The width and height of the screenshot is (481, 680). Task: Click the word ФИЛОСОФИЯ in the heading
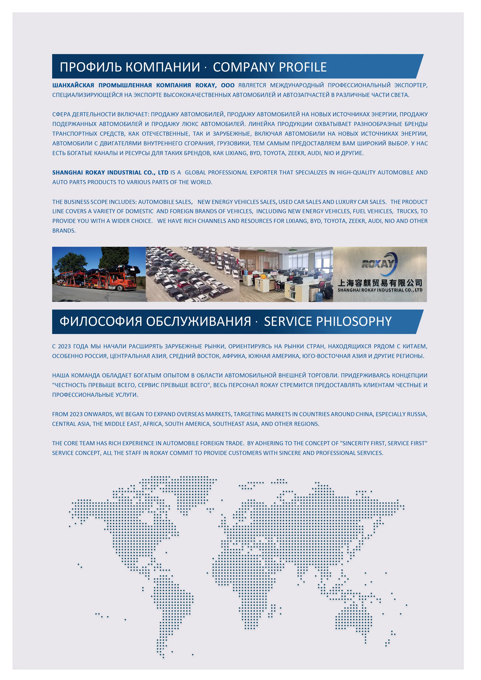(101, 321)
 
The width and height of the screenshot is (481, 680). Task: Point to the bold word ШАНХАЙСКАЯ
(73, 85)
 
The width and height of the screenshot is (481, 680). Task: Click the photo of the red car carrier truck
(99, 274)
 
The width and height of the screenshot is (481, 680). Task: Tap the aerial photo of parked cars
(193, 274)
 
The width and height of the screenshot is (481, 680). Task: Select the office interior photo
(286, 274)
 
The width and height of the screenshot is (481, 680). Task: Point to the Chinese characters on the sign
(380, 283)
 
